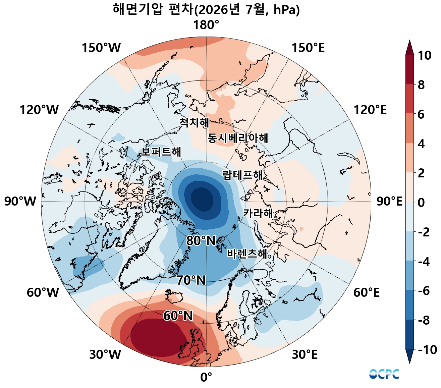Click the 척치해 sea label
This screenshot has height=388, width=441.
194,122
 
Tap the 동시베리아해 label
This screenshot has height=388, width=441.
238,138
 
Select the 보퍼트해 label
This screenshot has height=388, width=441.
161,152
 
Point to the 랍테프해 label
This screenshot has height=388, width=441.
242,175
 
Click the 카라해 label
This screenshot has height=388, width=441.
258,213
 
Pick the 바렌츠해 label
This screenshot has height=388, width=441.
247,254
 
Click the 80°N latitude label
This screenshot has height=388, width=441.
201,240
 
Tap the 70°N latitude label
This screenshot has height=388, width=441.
191,280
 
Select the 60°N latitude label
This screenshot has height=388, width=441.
178,316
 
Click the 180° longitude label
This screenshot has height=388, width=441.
206,25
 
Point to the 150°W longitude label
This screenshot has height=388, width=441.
101,48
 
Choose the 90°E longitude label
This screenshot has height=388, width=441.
389,202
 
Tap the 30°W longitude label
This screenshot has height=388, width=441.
105,354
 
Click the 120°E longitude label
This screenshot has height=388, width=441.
370,110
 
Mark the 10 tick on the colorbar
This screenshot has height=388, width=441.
424,55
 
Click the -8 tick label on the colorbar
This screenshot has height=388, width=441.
424,321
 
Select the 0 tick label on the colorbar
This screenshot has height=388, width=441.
421,203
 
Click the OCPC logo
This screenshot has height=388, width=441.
384,374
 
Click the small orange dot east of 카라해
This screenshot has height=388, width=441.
301,228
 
